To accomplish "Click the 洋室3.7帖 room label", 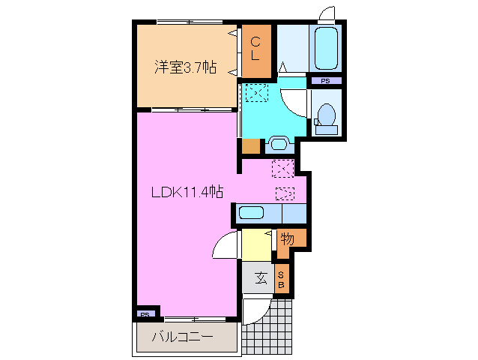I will tap(185, 67).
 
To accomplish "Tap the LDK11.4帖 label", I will tap(187, 192).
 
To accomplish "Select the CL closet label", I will tap(255, 49).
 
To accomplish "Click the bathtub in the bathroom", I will tap(325, 48).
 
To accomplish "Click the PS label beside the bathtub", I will tap(325, 80).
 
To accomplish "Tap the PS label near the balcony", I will tap(145, 314).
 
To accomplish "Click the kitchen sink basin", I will tap(251, 212).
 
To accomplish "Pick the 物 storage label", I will tap(287, 239).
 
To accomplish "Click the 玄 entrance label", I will tap(260, 278).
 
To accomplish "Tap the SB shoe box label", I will tap(282, 280).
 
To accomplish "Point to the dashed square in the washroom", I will tap(255, 92).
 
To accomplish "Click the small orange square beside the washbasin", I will tap(250, 145).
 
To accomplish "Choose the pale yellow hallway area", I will tap(255, 244).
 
